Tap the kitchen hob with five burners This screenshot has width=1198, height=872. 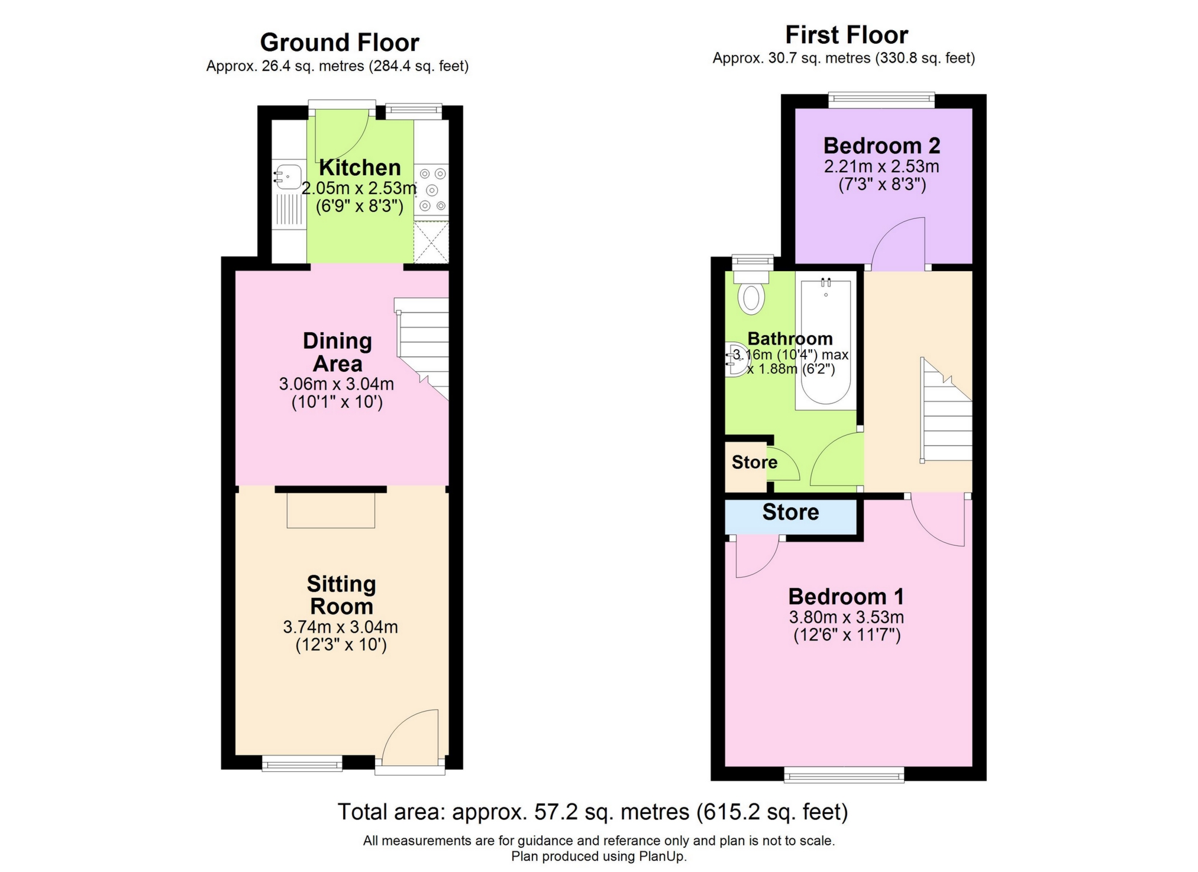pos(432,189)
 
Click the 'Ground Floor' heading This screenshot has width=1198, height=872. pos(340,43)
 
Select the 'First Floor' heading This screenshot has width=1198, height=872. pos(846,35)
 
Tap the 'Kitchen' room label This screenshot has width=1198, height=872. pos(360,168)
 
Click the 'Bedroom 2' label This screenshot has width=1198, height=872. pos(881,146)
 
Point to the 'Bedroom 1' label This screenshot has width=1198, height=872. pos(846,596)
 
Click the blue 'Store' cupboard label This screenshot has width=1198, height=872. pos(790,512)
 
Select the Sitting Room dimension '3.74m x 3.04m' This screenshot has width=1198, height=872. pos(340,626)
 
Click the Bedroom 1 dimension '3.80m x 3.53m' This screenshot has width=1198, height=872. pos(846,617)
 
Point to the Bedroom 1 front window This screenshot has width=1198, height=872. pos(844,774)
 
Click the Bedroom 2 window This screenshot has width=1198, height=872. pos(881,100)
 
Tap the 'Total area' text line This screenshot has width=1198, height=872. pos(593,812)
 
